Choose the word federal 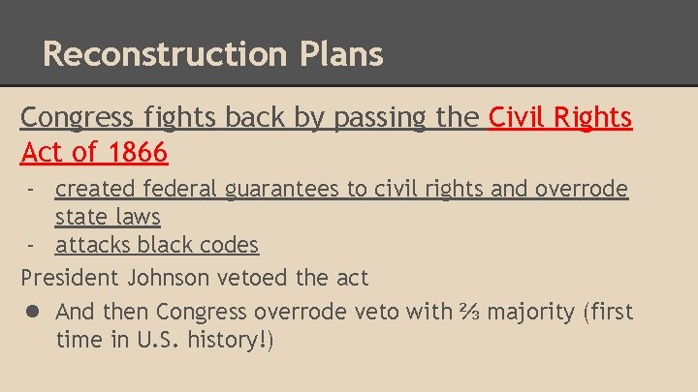tap(183, 189)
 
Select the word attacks tap(93, 246)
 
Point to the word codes tap(227, 246)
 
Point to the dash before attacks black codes tap(33, 246)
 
